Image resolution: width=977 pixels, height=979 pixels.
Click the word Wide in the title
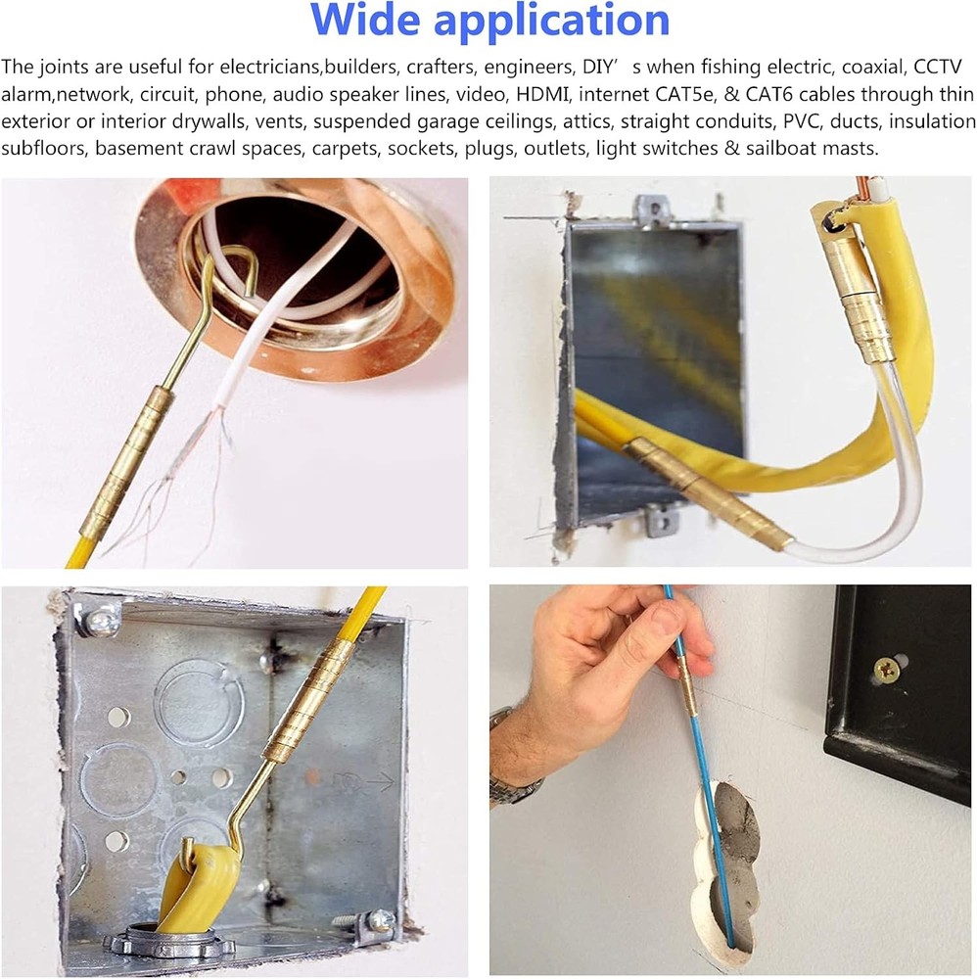pyautogui.click(x=366, y=20)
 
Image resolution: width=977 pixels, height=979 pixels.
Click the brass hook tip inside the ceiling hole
pyautogui.click(x=251, y=291)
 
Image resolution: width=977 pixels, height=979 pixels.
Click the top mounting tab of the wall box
pyautogui.click(x=653, y=210)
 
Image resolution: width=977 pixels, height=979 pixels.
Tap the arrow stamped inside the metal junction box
pyautogui.click(x=367, y=780)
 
